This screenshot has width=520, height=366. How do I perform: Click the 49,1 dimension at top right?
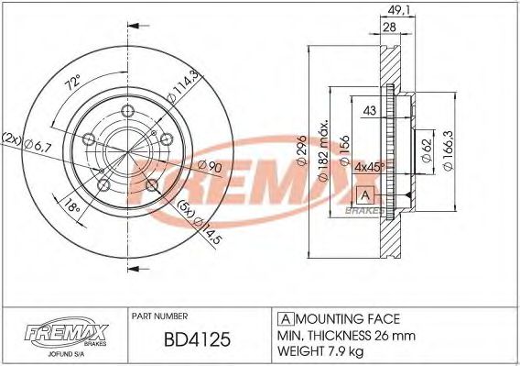coord(396,12)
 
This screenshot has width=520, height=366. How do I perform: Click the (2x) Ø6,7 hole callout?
coord(29,143)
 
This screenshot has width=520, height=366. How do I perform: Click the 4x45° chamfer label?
coord(368,168)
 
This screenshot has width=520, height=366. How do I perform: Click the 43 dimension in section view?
coord(369,112)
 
